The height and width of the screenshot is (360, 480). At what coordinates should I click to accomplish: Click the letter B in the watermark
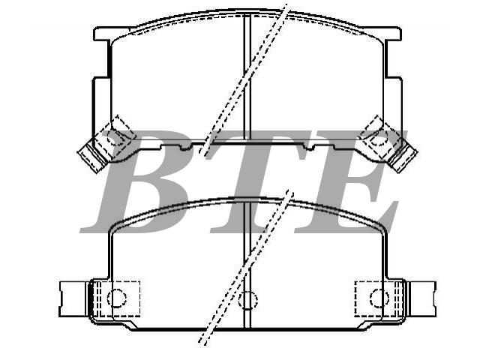(135, 181)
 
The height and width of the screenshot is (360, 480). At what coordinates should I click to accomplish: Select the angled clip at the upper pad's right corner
(389, 144)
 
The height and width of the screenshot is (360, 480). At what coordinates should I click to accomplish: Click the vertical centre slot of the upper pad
(247, 76)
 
